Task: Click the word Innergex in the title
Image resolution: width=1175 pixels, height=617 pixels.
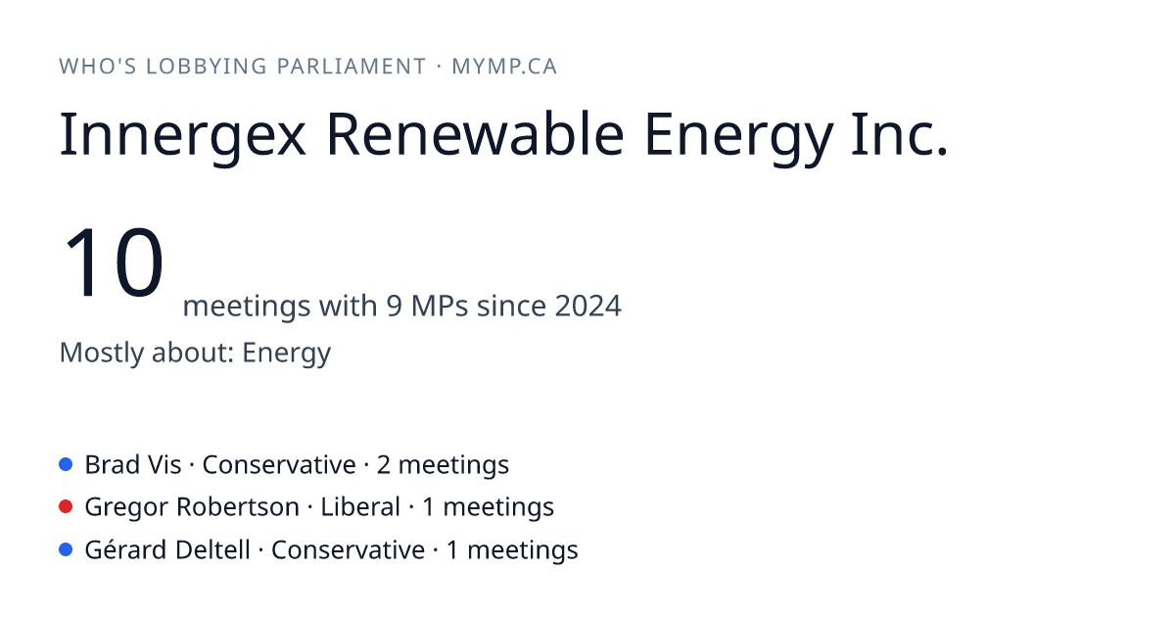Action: [182, 135]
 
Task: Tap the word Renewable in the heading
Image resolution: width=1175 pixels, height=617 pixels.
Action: [475, 134]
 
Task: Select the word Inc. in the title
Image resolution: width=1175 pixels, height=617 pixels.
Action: [899, 134]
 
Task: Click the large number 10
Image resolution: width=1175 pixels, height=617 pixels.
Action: [114, 261]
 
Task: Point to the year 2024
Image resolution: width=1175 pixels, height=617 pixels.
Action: [588, 306]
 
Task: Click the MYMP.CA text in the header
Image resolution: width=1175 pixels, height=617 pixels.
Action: [504, 67]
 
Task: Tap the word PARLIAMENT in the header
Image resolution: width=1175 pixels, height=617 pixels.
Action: [352, 67]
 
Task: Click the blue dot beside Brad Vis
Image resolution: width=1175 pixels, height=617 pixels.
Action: [66, 464]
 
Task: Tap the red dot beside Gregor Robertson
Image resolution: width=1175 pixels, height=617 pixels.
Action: [66, 506]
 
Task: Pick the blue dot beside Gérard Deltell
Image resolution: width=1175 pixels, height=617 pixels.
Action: [66, 549]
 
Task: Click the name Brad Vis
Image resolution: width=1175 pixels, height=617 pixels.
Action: [133, 465]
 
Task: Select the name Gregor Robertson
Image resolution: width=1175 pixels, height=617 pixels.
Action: [192, 507]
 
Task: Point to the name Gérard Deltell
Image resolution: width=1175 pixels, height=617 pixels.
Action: [167, 549]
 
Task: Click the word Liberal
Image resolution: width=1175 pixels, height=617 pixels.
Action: [360, 507]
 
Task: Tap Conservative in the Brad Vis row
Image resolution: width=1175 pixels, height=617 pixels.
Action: [279, 465]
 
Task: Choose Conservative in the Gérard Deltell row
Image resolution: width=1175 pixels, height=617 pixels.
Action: [348, 549]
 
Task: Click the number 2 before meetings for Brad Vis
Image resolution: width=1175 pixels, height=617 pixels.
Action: [384, 465]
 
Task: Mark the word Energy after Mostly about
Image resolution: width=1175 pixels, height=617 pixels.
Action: [286, 353]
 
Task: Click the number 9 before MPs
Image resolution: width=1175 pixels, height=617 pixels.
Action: [395, 306]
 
